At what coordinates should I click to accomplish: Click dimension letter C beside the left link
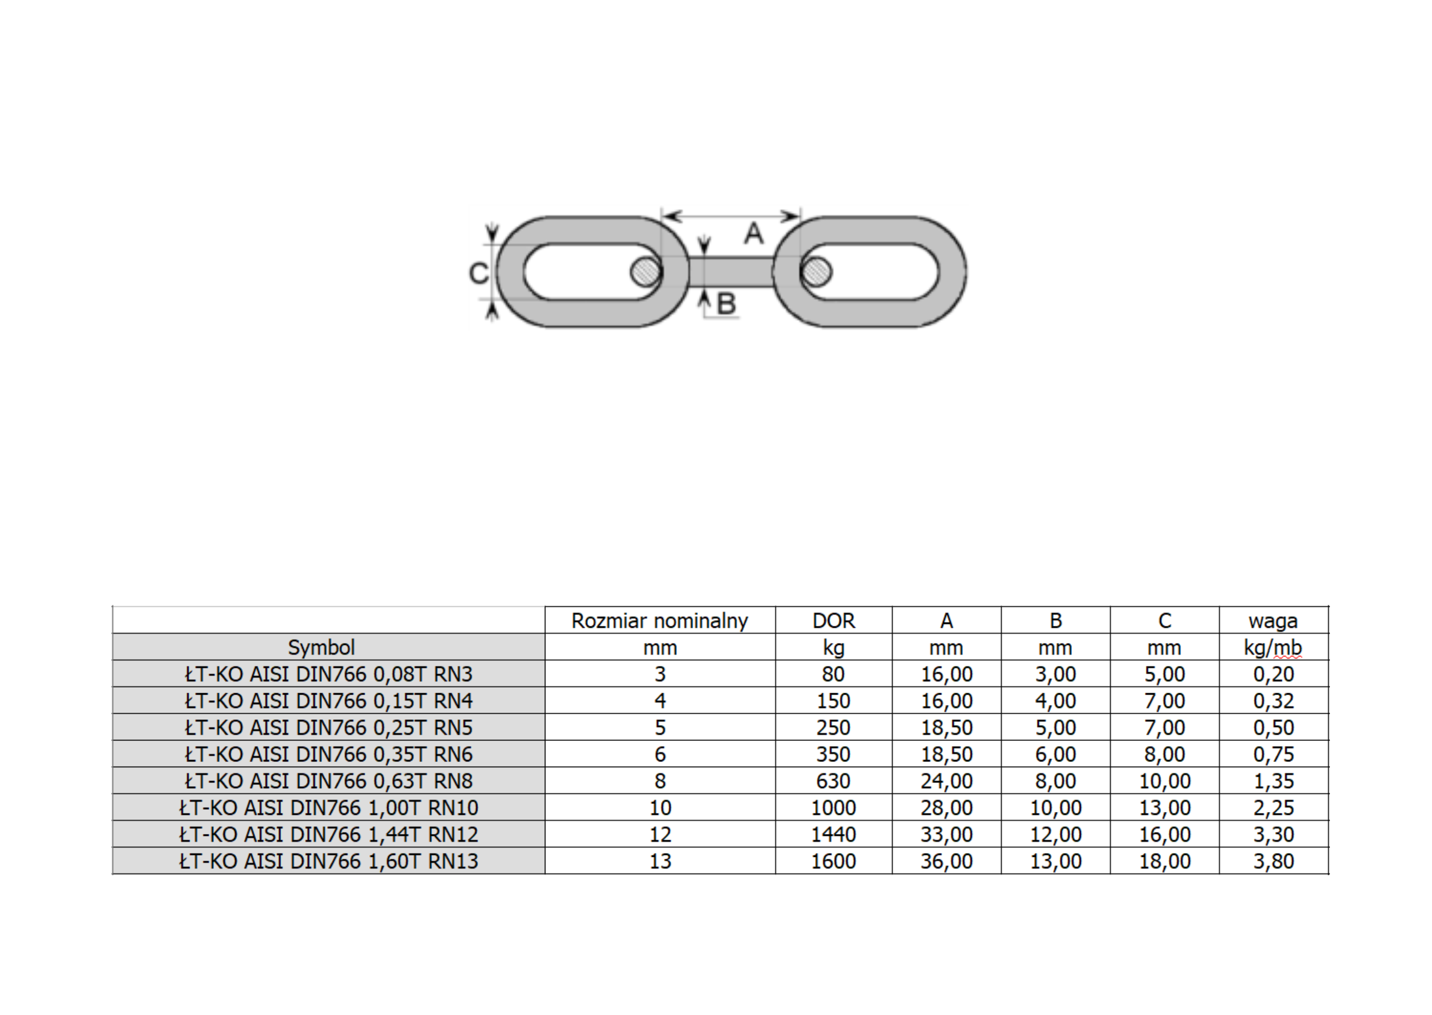coord(479,273)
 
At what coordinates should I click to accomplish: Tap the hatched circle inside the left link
coord(646,272)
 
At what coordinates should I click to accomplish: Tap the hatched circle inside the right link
coord(816,272)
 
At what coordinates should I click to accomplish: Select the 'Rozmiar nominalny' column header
coord(660,621)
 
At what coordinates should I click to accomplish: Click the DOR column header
coord(834,621)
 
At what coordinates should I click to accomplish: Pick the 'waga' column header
coord(1273,621)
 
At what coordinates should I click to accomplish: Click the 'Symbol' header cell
coord(322,647)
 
